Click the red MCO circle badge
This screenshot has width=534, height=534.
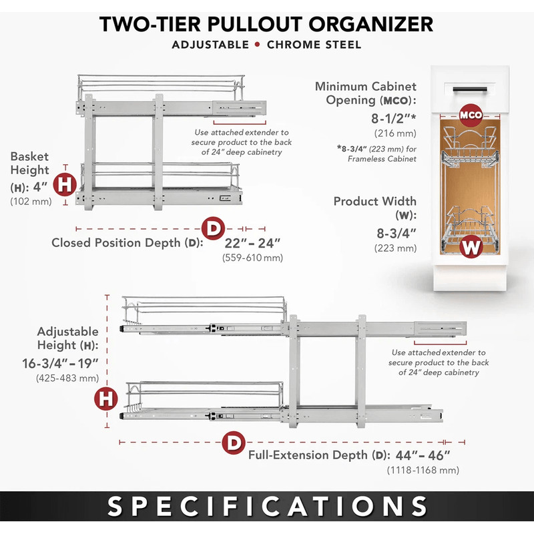tap(471, 115)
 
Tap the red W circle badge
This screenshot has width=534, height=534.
tap(471, 246)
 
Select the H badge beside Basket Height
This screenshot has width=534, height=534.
tap(65, 184)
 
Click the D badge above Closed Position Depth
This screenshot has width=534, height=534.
tap(213, 228)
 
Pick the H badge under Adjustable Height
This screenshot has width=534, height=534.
tap(106, 398)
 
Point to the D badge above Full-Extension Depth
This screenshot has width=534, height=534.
tap(234, 443)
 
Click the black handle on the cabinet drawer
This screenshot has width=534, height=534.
tap(470, 89)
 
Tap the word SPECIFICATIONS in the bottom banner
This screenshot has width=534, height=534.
tap(267, 506)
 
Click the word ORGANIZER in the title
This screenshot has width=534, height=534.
tap(371, 24)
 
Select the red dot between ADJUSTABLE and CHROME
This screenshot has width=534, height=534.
tap(258, 45)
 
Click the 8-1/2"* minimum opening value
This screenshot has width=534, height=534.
tap(394, 119)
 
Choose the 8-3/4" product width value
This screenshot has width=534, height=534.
tap(396, 234)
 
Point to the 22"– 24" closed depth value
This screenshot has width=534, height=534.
tap(252, 243)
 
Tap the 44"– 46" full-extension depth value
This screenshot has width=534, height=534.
tap(423, 455)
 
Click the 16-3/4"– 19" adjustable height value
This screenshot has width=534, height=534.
tap(60, 363)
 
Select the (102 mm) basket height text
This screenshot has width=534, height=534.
tap(31, 202)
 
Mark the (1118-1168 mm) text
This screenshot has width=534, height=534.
tap(423, 471)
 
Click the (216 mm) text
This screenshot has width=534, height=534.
tap(395, 133)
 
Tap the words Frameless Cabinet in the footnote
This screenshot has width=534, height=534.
tap(382, 159)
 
